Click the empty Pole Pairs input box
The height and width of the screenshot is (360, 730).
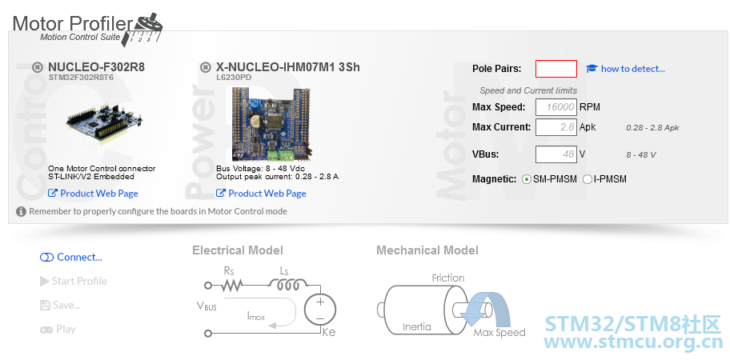point(556,69)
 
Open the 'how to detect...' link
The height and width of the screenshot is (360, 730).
point(625,69)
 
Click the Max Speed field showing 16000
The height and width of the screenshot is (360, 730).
point(556,107)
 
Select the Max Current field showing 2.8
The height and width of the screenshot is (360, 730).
point(556,127)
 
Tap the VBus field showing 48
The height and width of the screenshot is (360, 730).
point(556,154)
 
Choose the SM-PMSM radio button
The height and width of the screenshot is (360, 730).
point(527,179)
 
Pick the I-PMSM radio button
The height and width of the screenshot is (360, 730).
point(588,179)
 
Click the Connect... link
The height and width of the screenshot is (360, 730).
point(70,258)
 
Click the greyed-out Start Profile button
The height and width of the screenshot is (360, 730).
point(74,281)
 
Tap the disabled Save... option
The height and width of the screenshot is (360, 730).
point(60,305)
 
